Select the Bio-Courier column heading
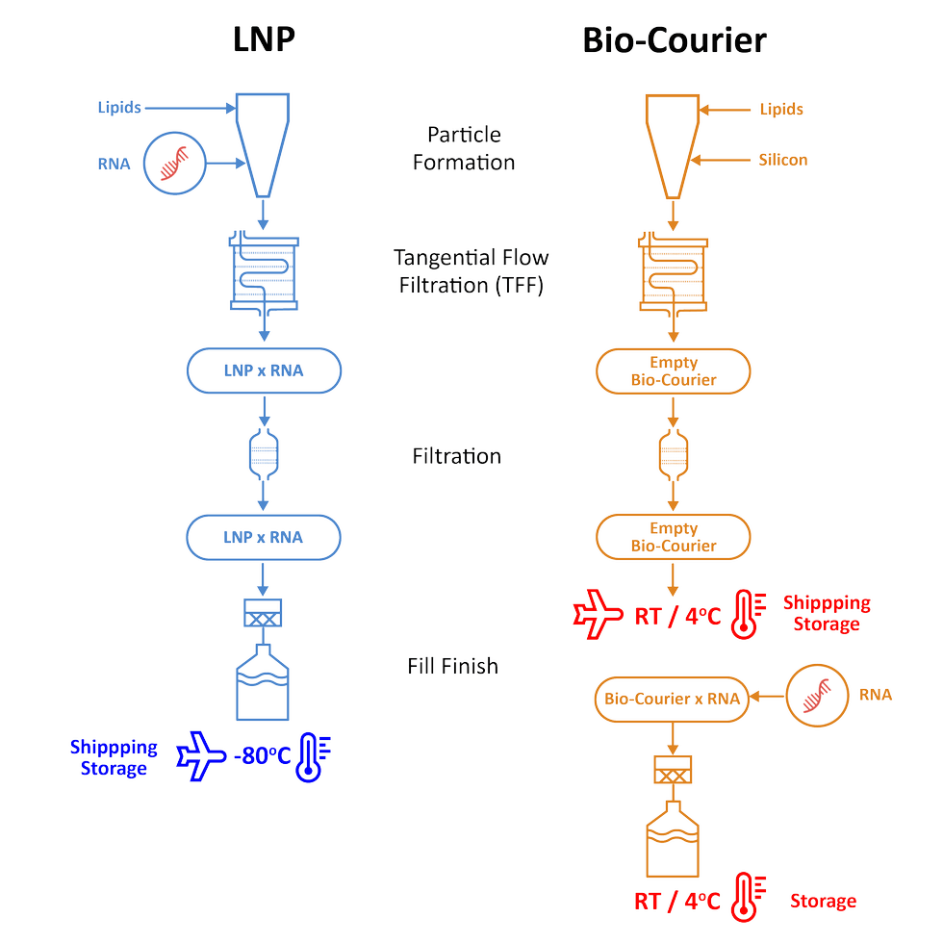pyautogui.click(x=674, y=40)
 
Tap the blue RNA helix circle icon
pyautogui.click(x=176, y=164)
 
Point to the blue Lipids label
pyautogui.click(x=119, y=108)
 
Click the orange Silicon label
pyautogui.click(x=782, y=160)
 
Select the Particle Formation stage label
pyautogui.click(x=464, y=148)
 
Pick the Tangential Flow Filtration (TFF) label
pyautogui.click(x=471, y=271)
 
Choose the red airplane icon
pyautogui.click(x=598, y=614)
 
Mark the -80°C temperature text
pyautogui.click(x=262, y=755)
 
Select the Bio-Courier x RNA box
pyautogui.click(x=673, y=699)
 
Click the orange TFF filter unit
pyautogui.click(x=674, y=275)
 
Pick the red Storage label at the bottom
pyautogui.click(x=823, y=901)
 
